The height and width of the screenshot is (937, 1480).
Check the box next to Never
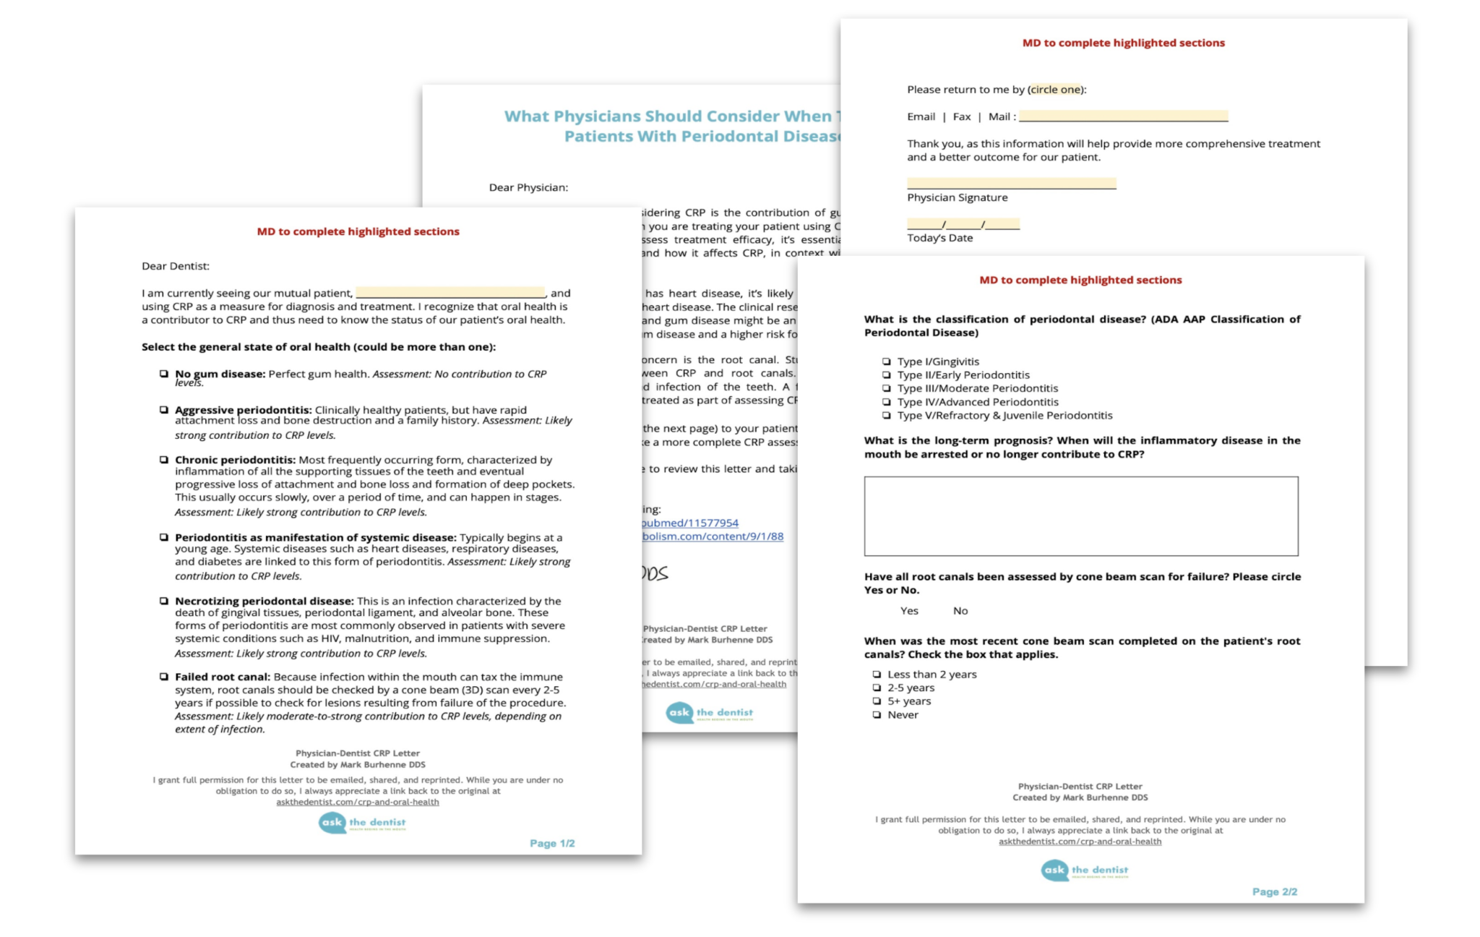(x=877, y=715)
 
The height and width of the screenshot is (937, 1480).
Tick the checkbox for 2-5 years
(x=877, y=688)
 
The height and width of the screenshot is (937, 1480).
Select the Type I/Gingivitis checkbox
(x=886, y=361)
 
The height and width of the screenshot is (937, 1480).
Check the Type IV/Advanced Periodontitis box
(x=886, y=402)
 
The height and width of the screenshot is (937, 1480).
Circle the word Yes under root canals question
(x=909, y=611)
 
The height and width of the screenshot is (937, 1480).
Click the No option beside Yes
(x=960, y=611)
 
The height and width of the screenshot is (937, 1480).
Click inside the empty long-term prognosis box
(x=1080, y=515)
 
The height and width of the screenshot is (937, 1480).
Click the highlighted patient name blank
(x=449, y=293)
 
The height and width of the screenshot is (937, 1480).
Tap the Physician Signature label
(x=957, y=197)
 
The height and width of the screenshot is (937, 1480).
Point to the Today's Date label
(x=939, y=238)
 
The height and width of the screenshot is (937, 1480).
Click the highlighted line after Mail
(x=1123, y=116)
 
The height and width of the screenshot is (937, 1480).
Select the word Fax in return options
(x=961, y=116)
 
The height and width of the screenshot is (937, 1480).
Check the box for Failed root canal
(x=164, y=677)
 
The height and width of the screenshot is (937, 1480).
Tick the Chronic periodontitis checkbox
(x=164, y=460)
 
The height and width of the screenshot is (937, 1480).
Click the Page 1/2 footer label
(x=552, y=843)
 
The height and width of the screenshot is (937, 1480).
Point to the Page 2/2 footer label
(x=1274, y=891)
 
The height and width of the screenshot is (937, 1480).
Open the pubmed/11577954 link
(x=690, y=523)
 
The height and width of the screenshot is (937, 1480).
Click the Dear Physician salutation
(x=528, y=187)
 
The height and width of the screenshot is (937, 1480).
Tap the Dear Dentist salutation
(x=176, y=266)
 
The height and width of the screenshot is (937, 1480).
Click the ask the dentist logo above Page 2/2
(x=1084, y=870)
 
